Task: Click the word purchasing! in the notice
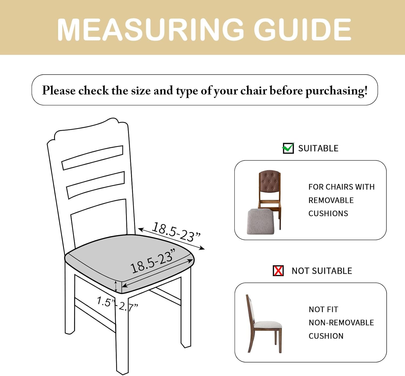click(336, 91)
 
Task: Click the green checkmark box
click(288, 148)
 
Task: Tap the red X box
click(278, 271)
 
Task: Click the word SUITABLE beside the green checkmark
click(318, 148)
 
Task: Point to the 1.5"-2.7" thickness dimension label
click(117, 304)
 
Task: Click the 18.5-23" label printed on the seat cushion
click(153, 261)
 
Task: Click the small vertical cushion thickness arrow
click(116, 286)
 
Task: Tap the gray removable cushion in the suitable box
click(261, 221)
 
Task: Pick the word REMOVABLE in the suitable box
click(331, 200)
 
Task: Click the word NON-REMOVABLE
click(341, 323)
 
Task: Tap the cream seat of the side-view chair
click(268, 325)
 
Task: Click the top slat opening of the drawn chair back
click(92, 158)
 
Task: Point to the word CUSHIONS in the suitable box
click(328, 213)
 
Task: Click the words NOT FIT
click(323, 310)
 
